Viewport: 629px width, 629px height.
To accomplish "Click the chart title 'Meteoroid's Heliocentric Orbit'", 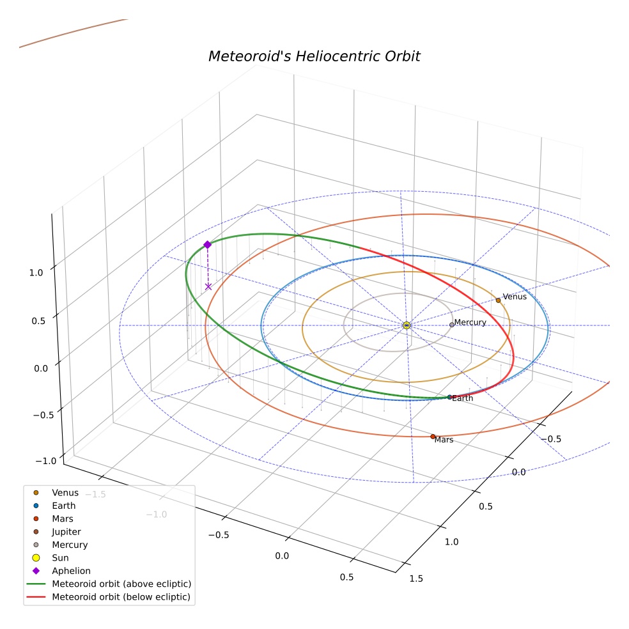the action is tap(314, 56).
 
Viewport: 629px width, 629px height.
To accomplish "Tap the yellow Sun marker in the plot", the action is tap(407, 325).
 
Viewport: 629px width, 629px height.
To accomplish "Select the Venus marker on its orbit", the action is tap(498, 300).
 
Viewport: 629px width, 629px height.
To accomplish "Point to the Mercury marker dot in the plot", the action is tap(452, 325).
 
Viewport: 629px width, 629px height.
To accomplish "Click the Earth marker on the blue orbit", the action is tap(449, 397).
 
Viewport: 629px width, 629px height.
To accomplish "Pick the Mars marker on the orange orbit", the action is tap(432, 437).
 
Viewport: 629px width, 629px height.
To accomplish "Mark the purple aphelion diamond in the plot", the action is tap(207, 245).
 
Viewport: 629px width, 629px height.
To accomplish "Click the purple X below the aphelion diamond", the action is tap(208, 286).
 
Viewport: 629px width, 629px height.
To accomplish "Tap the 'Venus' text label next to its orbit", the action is tap(515, 297).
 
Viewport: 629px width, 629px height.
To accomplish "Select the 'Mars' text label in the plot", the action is tap(444, 440).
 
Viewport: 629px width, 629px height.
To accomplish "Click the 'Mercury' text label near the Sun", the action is tap(470, 322).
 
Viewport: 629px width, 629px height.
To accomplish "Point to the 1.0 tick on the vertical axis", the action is tap(36, 273).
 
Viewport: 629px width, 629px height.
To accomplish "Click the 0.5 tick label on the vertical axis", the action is tap(38, 321).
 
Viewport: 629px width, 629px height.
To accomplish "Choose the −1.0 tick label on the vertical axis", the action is tap(46, 460).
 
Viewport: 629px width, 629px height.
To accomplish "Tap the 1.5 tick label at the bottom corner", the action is tap(416, 579).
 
